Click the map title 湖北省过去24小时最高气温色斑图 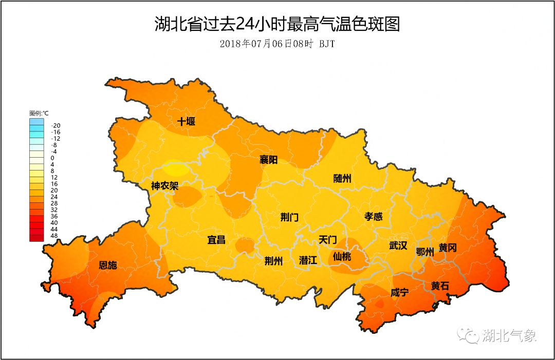[277, 24]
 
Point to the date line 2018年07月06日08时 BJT [277, 44]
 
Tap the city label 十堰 [187, 122]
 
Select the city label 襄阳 [268, 160]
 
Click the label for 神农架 [164, 185]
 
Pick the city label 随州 [342, 179]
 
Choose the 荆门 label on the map [289, 217]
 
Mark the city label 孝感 [374, 216]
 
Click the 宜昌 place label [216, 240]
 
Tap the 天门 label [327, 240]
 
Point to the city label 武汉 [398, 246]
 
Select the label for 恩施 [108, 266]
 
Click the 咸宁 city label [400, 293]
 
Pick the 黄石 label [440, 286]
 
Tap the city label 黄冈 [448, 248]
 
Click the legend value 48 [54, 236]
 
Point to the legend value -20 [56, 125]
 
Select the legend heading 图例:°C [39, 113]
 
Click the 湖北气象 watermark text [509, 336]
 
